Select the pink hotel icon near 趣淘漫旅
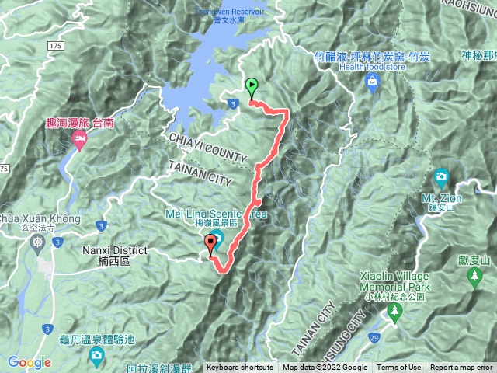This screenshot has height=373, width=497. point(79,138)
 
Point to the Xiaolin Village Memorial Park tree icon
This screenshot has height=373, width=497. point(394,312)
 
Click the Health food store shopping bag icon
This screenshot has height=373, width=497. point(374,81)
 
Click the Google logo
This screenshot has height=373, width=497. point(30,362)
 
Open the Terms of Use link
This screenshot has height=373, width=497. point(399,368)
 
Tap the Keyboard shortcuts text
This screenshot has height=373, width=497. point(240,368)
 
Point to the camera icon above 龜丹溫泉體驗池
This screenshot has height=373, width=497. point(96,357)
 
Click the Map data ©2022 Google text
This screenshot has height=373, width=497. point(325,368)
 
